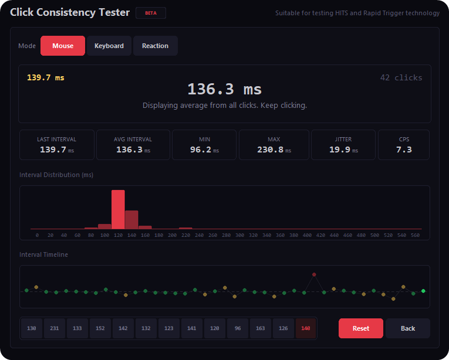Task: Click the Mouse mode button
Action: click(63, 46)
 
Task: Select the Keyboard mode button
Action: click(109, 46)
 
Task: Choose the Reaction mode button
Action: click(155, 46)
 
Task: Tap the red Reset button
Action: click(360, 328)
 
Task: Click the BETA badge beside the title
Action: click(151, 13)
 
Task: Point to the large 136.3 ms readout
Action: click(224, 89)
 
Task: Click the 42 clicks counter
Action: click(401, 78)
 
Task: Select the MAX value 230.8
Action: click(271, 150)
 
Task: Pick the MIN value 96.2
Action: click(201, 150)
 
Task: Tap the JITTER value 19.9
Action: click(340, 150)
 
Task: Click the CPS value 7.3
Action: click(404, 150)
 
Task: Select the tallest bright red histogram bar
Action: click(118, 209)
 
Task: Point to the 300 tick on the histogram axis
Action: click(239, 235)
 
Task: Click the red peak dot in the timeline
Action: click(314, 274)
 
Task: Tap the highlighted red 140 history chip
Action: click(305, 328)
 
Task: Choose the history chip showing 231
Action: click(55, 328)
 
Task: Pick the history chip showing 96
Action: click(238, 328)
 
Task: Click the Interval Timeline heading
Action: click(43, 254)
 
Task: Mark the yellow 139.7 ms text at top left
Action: click(46, 78)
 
